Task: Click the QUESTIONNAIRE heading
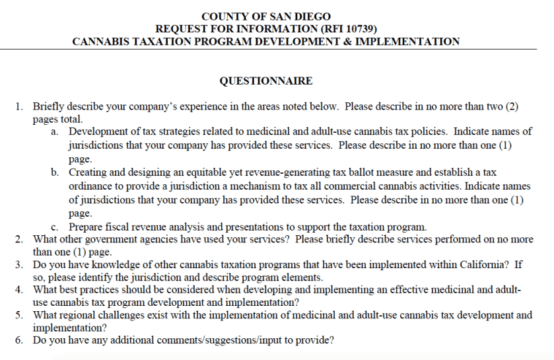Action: [x=265, y=81]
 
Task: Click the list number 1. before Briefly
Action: [x=20, y=106]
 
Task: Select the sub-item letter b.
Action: [x=55, y=172]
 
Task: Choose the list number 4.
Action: [x=20, y=289]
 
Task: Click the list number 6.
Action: [x=20, y=340]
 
